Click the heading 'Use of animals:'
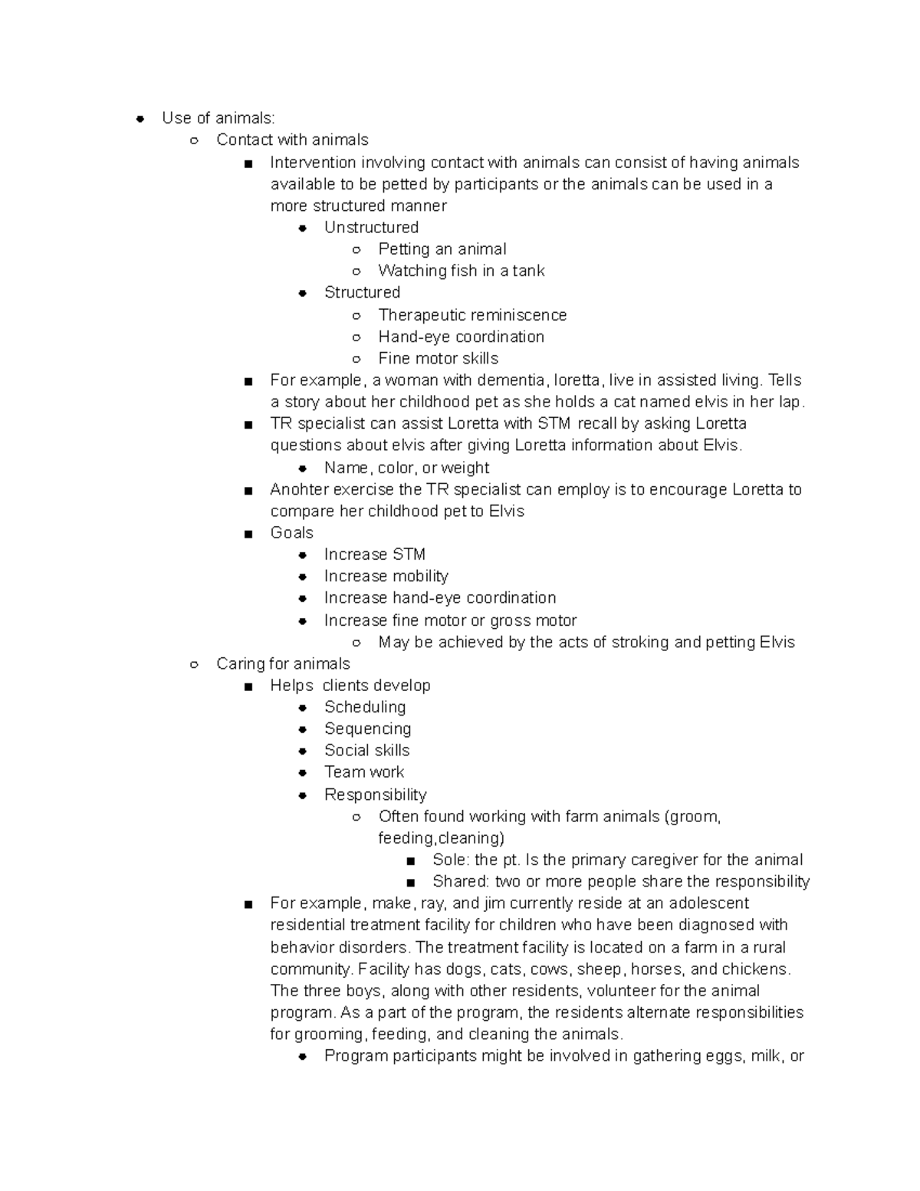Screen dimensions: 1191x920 tap(218, 118)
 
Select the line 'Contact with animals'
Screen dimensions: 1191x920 tap(292, 140)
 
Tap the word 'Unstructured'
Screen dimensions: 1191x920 tap(371, 227)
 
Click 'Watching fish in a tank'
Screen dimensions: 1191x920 tap(461, 271)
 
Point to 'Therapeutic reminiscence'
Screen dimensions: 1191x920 tap(472, 315)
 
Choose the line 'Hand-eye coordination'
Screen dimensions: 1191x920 tap(461, 337)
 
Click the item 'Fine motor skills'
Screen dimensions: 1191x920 tap(438, 358)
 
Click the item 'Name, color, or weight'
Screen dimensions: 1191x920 tap(406, 468)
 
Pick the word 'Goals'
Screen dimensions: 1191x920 tap(291, 533)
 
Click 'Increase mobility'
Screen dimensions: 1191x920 tap(386, 576)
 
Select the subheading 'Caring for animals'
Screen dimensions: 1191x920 tap(283, 664)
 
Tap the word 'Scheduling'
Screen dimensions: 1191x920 tap(365, 707)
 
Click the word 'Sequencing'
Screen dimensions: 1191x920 tap(367, 729)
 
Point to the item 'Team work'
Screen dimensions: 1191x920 tap(363, 772)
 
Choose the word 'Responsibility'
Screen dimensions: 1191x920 tap(375, 795)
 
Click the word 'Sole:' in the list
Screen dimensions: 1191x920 tap(451, 860)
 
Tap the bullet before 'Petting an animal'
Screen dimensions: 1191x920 tap(356, 249)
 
